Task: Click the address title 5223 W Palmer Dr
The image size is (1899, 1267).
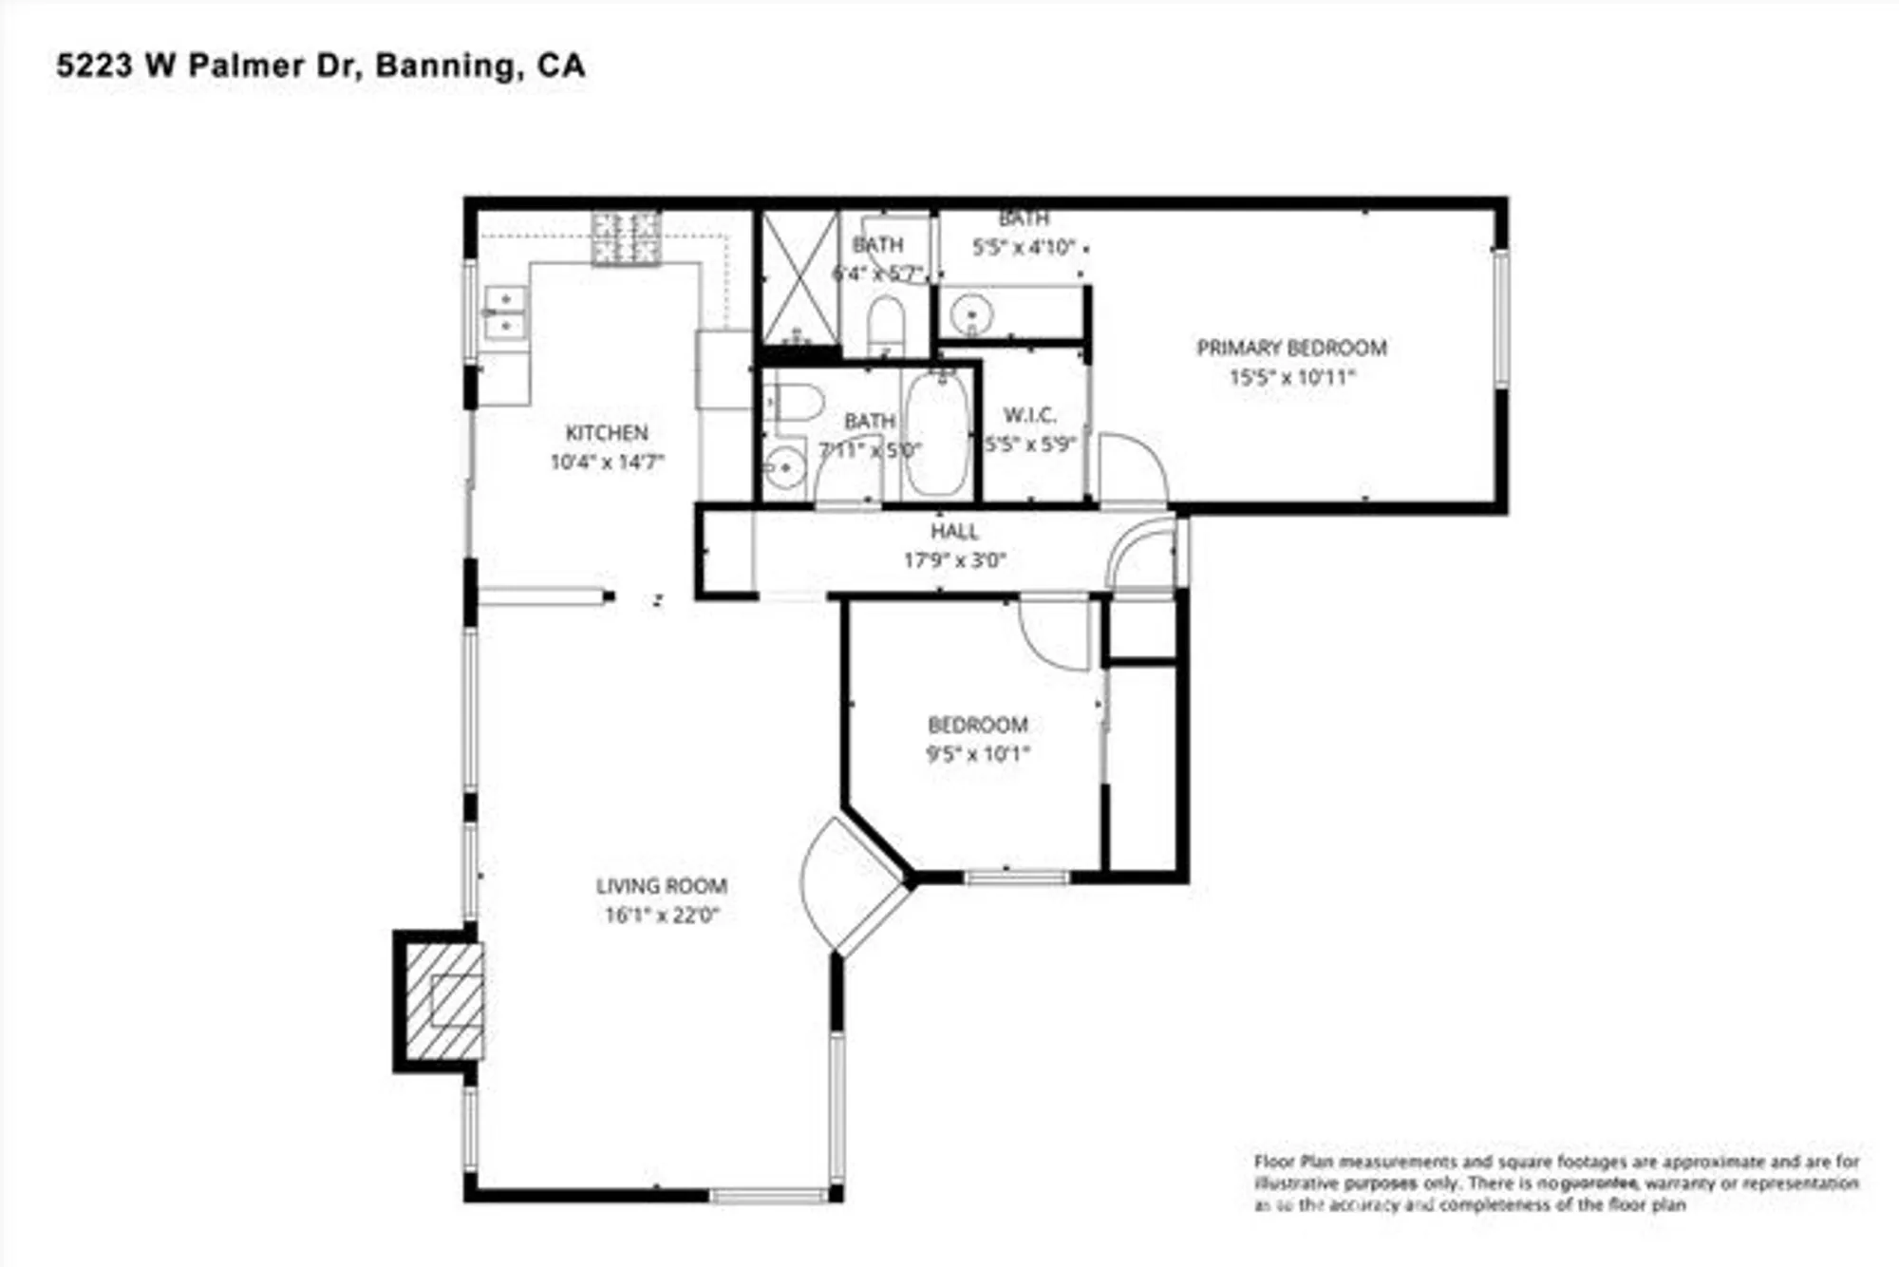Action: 320,66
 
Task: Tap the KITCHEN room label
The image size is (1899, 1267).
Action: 607,433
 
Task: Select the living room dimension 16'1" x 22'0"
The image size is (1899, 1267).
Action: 662,916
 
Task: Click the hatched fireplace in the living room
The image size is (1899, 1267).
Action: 444,1001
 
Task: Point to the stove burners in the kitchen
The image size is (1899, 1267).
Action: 626,237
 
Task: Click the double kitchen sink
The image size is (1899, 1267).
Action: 505,313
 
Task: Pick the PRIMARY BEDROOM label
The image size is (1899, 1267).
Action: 1291,348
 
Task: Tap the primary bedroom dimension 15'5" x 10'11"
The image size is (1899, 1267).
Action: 1291,377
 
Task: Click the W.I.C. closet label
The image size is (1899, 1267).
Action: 1029,415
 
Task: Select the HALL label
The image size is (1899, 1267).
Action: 954,531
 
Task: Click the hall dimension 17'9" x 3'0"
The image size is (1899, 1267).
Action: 954,560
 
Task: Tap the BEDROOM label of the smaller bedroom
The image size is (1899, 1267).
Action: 978,725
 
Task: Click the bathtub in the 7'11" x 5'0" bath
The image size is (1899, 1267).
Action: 936,433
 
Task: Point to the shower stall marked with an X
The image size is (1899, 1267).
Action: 800,278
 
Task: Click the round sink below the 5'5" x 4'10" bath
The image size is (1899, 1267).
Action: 971,312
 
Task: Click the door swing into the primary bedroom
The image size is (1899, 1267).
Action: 1132,470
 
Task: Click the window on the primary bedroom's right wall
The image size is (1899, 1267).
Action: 1500,318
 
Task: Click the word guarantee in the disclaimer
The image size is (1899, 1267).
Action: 1602,1183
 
